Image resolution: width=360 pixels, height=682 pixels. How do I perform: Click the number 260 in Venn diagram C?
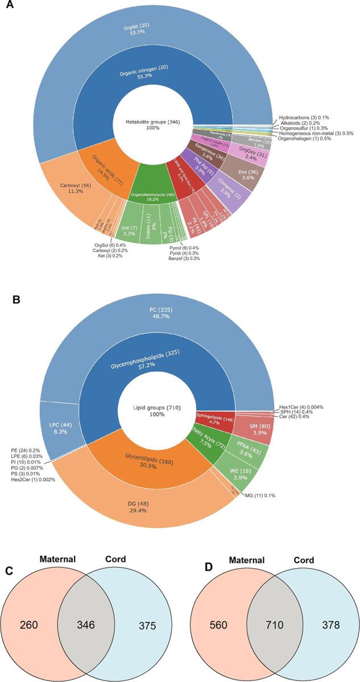[x=30, y=624]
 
